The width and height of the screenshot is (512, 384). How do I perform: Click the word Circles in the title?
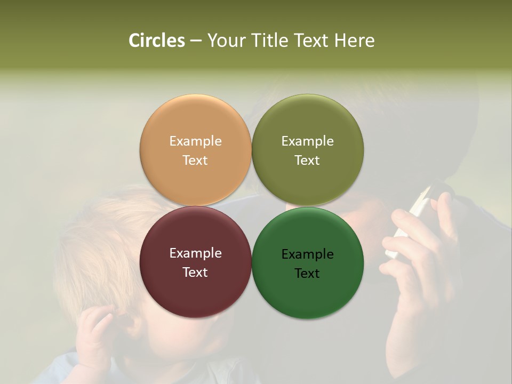pos(157,41)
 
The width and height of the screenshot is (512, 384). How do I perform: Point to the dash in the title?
pos(196,41)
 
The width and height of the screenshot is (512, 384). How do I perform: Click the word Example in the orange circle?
pos(195,141)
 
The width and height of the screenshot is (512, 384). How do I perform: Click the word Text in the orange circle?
pos(195,161)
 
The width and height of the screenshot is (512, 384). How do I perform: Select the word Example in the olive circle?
pos(308,141)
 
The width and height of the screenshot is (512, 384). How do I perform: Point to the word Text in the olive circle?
pos(308,161)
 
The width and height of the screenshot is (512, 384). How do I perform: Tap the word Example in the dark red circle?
pos(195,253)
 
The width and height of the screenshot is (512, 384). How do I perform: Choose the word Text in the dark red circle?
pos(195,273)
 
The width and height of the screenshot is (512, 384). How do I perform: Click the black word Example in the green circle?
pos(308,254)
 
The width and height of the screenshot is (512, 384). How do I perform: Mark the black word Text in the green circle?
pos(308,274)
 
